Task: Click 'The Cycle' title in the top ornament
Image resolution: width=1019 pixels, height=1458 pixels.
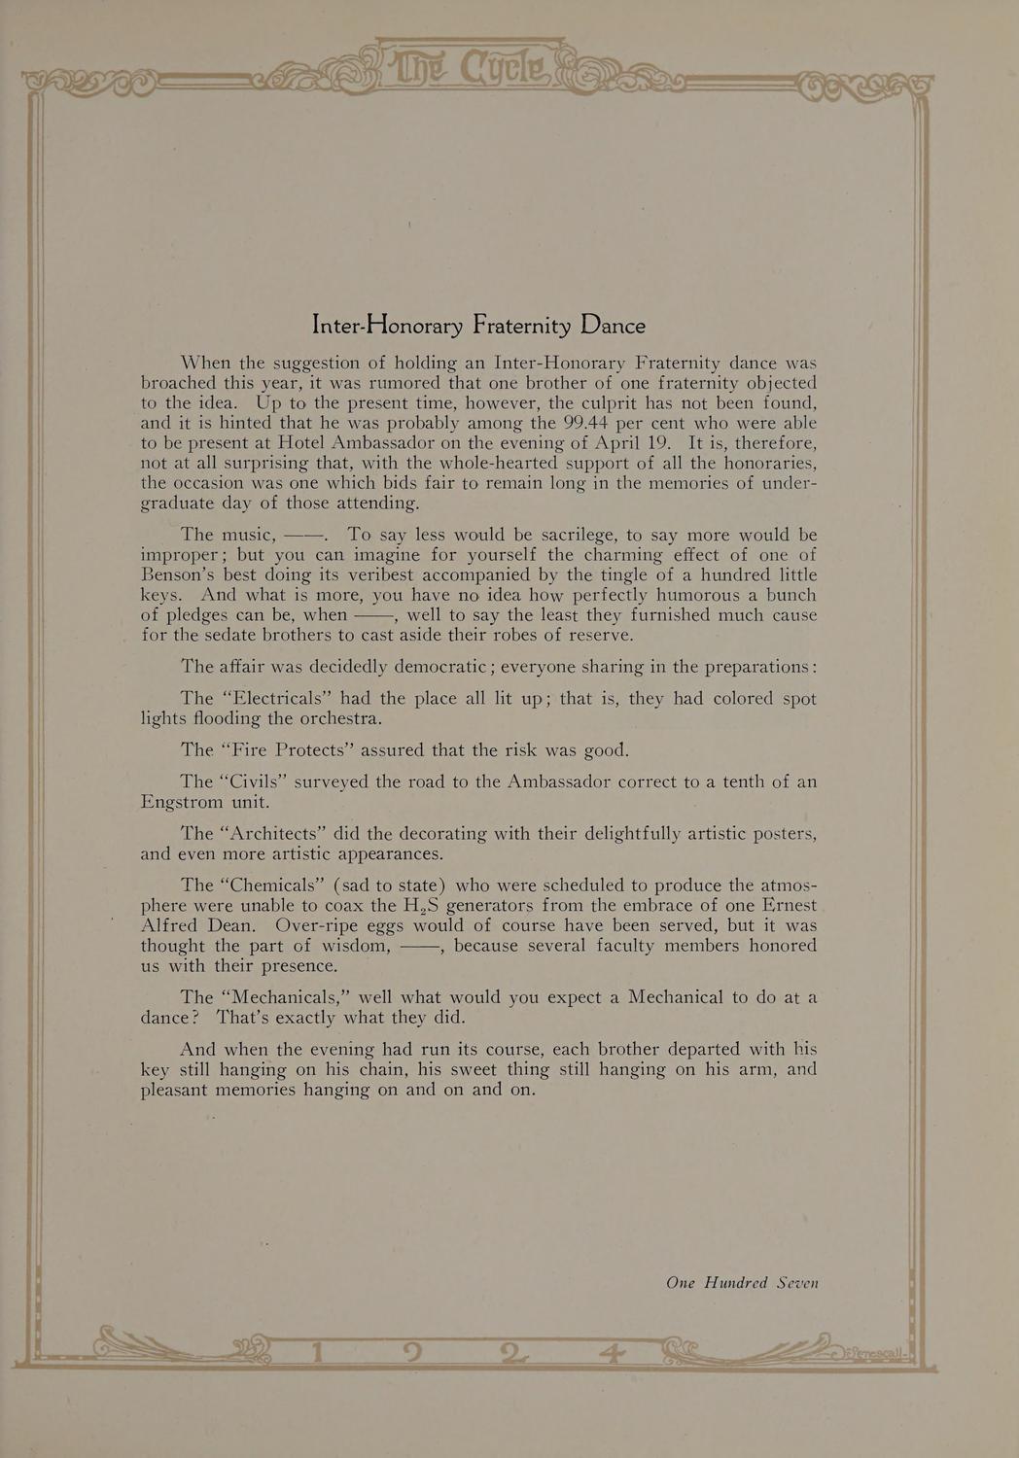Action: pyautogui.click(x=474, y=69)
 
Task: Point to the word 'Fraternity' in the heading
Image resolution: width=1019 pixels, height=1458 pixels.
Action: pyautogui.click(x=521, y=325)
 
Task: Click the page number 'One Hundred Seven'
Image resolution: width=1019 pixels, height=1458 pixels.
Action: pyautogui.click(x=742, y=1283)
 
